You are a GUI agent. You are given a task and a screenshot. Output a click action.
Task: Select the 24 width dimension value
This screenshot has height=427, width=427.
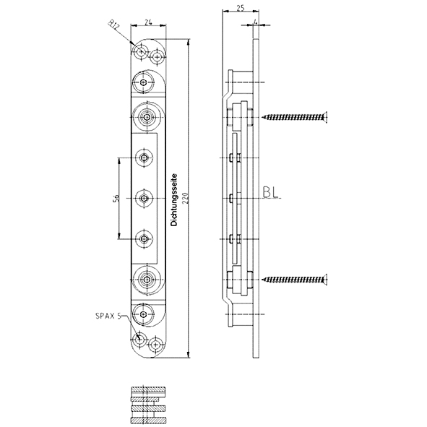click(x=148, y=22)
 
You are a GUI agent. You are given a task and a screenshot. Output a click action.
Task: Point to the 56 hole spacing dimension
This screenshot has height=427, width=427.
click(x=116, y=199)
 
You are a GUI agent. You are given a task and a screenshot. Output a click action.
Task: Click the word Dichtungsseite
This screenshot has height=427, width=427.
click(x=174, y=200)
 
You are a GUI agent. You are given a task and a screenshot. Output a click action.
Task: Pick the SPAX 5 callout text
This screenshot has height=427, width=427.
click(x=108, y=316)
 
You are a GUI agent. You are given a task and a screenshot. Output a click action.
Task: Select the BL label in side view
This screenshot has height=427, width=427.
click(x=271, y=192)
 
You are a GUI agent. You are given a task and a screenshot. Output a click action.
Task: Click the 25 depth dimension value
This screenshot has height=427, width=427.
click(x=240, y=8)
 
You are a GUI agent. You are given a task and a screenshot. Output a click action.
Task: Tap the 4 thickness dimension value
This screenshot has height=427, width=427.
click(x=255, y=21)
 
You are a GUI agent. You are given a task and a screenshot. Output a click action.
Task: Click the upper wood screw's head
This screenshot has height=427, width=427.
click(x=324, y=117)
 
